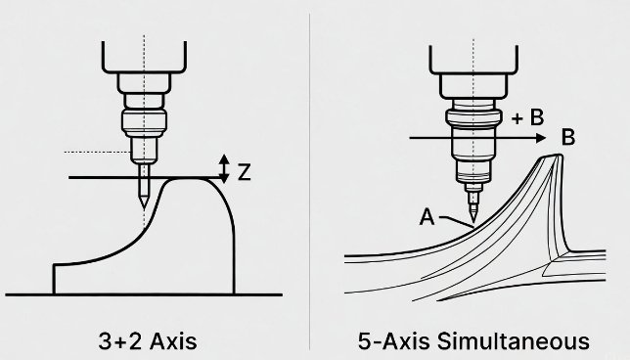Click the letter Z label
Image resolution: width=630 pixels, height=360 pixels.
click(246, 172)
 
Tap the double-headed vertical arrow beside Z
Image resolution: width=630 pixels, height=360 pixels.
click(224, 170)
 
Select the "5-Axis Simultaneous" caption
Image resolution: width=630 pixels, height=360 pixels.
click(473, 341)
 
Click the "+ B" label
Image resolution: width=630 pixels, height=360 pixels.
click(527, 118)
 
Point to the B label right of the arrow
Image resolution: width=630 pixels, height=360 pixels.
click(567, 138)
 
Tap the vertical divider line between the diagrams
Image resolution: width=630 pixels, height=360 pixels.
click(309, 176)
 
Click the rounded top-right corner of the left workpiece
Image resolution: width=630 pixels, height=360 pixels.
click(220, 186)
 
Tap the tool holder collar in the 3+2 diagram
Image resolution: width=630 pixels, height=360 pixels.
click(144, 123)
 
